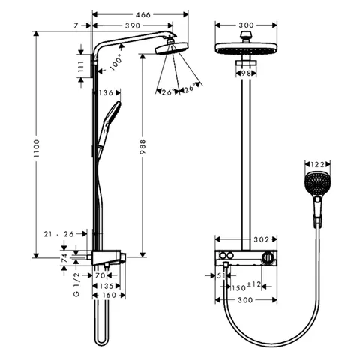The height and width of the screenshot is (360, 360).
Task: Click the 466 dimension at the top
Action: click(x=143, y=15)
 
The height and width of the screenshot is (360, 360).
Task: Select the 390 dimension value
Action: click(x=133, y=25)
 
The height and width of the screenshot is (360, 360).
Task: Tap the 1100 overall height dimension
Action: click(x=37, y=148)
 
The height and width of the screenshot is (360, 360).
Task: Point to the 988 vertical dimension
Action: click(x=142, y=147)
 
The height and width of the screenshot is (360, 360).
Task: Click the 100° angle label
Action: click(x=116, y=62)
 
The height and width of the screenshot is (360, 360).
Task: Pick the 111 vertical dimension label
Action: click(x=81, y=66)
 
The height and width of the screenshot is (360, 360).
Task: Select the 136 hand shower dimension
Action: click(x=106, y=93)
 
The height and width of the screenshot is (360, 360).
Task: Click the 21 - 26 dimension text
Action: click(x=59, y=234)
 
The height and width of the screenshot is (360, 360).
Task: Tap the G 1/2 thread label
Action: click(x=76, y=284)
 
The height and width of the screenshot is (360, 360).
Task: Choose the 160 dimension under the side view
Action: click(x=109, y=295)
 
